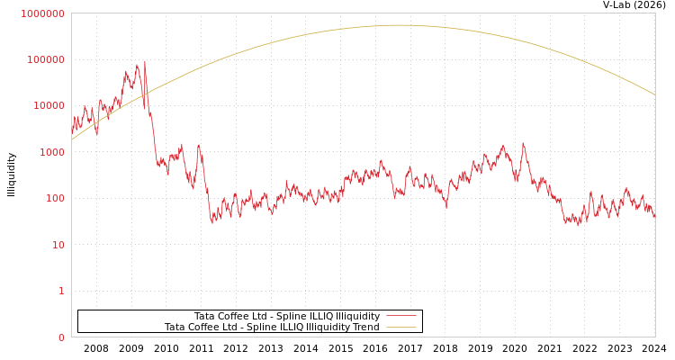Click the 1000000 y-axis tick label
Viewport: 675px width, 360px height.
[42, 13]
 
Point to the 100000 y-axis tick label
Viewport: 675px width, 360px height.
[45, 59]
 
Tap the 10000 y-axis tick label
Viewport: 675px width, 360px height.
[48, 106]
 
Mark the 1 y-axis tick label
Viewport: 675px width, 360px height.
[61, 292]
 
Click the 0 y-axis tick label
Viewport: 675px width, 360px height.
[61, 337]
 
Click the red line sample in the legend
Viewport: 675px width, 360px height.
[400, 316]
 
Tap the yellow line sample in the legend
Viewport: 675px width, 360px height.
[400, 327]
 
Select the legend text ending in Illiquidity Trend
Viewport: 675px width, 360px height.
[272, 327]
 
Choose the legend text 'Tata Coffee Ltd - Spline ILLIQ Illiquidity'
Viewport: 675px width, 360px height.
[287, 316]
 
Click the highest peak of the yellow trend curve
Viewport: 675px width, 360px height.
[399, 25]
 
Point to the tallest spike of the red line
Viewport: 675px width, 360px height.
[145, 62]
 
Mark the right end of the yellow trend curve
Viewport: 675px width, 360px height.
[655, 95]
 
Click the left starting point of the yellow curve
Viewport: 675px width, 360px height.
[72, 139]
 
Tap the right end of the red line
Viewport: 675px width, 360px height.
[655, 217]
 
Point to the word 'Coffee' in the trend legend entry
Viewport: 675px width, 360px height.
[204, 327]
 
